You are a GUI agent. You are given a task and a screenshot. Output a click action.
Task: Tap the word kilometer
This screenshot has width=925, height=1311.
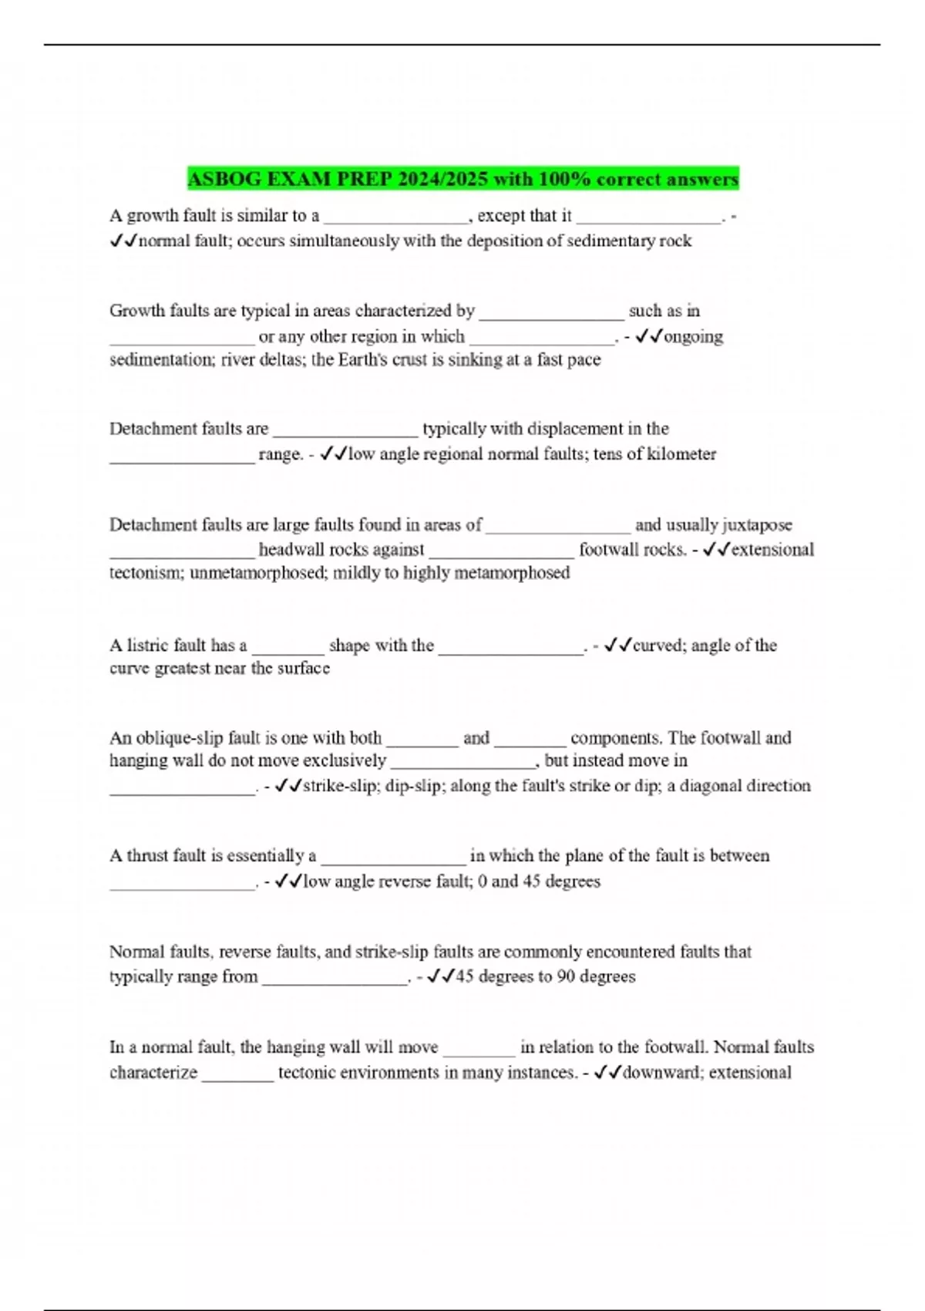(681, 453)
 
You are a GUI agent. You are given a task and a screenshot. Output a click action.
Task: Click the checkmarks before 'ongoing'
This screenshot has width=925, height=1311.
(648, 336)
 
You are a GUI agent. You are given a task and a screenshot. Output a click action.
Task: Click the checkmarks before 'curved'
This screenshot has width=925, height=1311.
(618, 645)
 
